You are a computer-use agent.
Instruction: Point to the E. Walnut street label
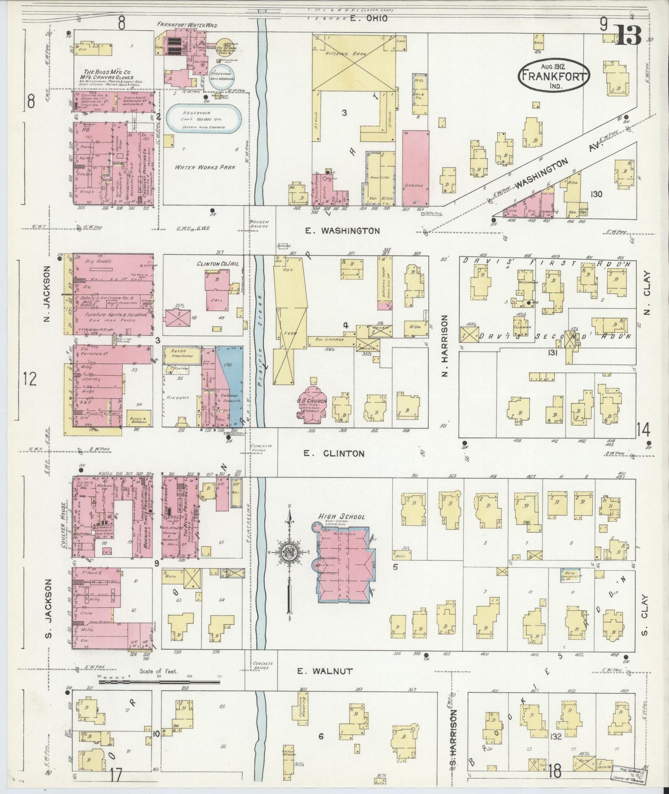click(x=325, y=671)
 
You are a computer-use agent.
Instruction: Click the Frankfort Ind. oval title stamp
click(x=554, y=74)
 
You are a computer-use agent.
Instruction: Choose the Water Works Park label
click(x=200, y=167)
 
